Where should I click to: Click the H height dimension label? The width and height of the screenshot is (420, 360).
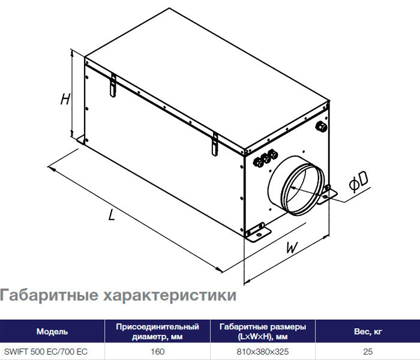coord(65,99)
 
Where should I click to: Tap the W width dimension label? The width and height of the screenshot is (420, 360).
coord(292,247)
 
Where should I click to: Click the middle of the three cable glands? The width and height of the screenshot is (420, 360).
coord(266,159)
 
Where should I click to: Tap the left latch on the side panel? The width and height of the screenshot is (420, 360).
coord(113,85)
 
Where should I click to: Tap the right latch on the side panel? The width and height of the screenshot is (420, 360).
coord(215,144)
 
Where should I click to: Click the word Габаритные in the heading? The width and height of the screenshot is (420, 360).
coord(49,295)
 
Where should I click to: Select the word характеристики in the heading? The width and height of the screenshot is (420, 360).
coord(170,295)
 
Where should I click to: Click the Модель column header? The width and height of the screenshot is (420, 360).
coord(52,331)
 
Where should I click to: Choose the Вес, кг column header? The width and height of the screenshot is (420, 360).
coord(368,332)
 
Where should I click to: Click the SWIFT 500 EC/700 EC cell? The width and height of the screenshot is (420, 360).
coord(46,352)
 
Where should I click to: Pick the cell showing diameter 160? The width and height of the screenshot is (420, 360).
coord(157,352)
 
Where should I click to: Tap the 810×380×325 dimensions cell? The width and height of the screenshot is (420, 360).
coord(263,352)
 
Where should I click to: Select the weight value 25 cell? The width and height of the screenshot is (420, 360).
coord(368,352)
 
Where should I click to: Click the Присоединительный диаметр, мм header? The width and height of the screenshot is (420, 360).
coord(157,332)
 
